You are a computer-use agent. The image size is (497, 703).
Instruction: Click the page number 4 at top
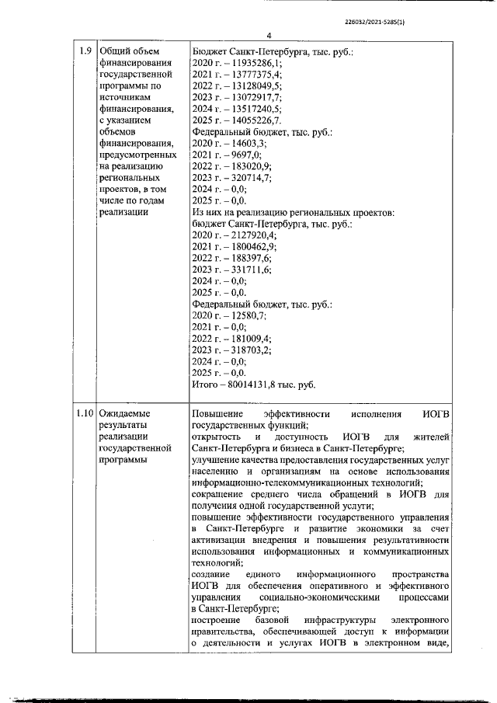pos(268,36)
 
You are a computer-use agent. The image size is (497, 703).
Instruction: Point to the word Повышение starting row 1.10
pos(217,413)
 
